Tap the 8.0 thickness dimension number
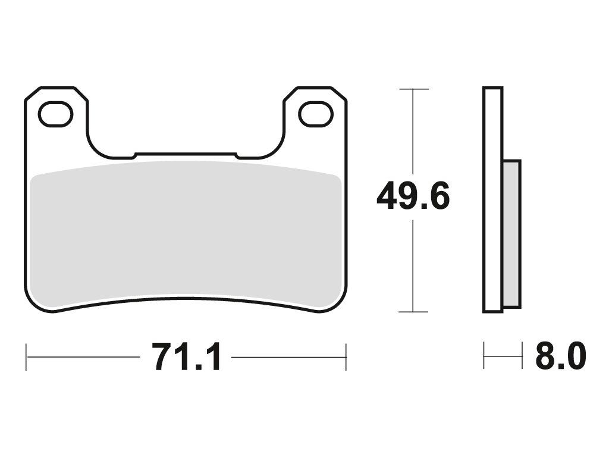click(x=561, y=356)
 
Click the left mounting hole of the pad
click(x=55, y=114)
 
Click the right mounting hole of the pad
click(x=316, y=114)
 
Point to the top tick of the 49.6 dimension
click(x=414, y=89)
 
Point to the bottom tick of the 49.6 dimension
click(x=414, y=312)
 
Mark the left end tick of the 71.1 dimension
click(x=26, y=357)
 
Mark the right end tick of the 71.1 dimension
click(x=346, y=357)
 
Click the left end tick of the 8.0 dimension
click(x=484, y=355)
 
